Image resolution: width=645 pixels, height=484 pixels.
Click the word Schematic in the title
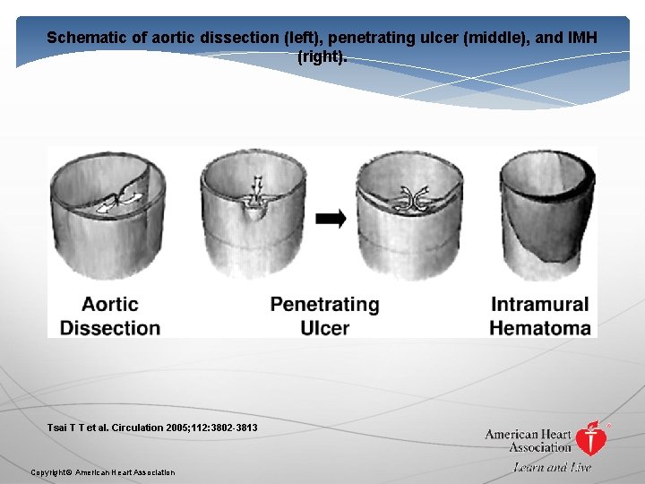(85, 38)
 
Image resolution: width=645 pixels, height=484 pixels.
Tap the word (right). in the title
(322, 56)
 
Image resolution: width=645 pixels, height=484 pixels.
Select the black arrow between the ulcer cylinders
(331, 219)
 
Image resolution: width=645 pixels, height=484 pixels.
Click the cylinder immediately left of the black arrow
(254, 215)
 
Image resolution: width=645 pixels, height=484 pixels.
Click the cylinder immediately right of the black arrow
(408, 215)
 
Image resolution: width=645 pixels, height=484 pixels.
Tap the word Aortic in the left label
(109, 305)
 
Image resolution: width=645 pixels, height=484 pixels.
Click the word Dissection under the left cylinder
(110, 328)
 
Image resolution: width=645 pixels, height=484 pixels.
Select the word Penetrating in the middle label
(324, 305)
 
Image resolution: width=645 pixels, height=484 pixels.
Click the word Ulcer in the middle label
(324, 328)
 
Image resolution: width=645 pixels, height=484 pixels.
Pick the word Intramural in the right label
(540, 305)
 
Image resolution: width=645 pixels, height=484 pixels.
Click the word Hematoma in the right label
(540, 328)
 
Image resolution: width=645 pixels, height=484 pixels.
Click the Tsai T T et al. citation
(152, 428)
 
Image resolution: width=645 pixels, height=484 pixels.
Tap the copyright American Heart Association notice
(103, 472)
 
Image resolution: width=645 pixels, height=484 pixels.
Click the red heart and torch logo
(590, 438)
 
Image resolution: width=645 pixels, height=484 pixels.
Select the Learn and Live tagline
(553, 467)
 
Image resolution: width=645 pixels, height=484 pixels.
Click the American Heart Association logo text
(528, 441)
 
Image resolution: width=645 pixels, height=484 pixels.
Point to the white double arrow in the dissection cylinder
(118, 200)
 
